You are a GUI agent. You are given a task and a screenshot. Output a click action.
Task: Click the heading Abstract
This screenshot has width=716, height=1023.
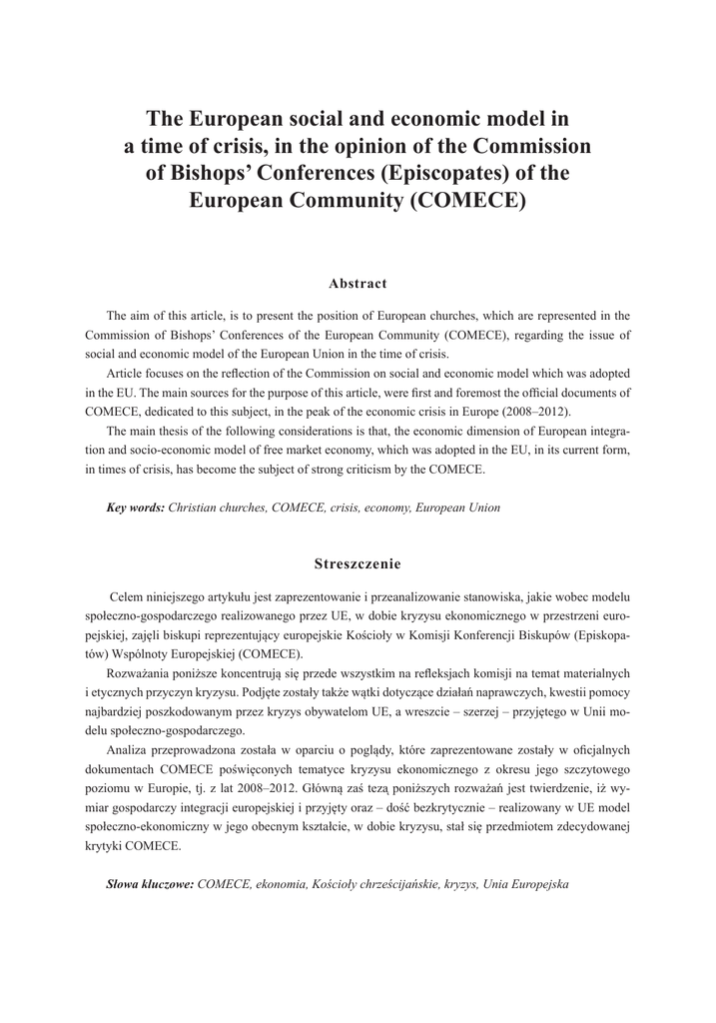click(358, 284)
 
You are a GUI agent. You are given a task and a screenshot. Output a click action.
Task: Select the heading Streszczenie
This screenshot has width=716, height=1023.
click(358, 564)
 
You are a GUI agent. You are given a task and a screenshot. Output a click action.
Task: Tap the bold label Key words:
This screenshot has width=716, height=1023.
click(135, 508)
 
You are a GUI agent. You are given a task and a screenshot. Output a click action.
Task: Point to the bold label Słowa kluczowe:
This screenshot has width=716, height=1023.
click(150, 885)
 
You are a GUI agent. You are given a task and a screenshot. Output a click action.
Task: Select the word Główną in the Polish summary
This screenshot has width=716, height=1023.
click(392, 788)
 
